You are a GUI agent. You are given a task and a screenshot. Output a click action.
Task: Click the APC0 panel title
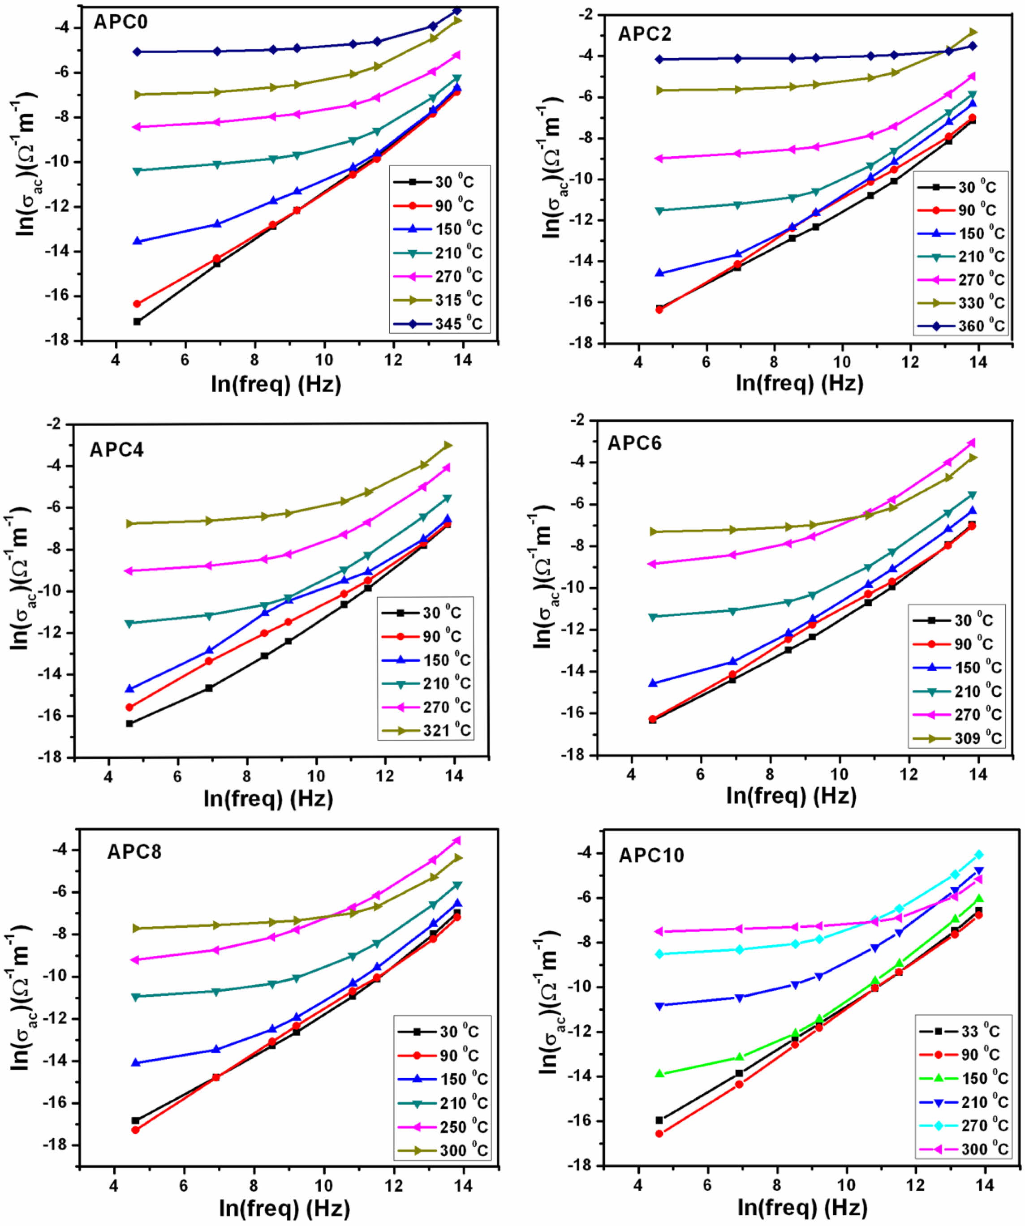click(x=121, y=22)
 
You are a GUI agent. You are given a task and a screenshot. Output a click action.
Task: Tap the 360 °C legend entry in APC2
click(x=961, y=326)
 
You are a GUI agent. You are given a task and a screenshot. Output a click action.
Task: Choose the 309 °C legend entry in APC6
click(x=956, y=738)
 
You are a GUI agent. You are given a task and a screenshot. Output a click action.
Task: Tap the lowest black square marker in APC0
click(x=137, y=322)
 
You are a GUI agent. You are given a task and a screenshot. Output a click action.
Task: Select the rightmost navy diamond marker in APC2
click(x=973, y=46)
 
